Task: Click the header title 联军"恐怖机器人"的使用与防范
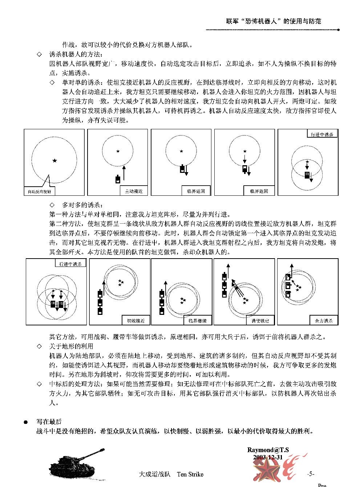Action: point(274,21)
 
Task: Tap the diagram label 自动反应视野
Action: point(39,191)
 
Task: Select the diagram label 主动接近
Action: point(134,191)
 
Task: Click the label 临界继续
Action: point(198,321)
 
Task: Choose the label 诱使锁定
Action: point(260,321)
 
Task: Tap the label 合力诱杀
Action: point(324,321)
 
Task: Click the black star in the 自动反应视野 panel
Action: point(54,161)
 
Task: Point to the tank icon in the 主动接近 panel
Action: point(117,179)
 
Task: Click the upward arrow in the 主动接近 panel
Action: point(124,173)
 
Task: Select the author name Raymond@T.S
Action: point(268,450)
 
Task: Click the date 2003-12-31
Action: point(268,457)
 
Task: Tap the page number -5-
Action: point(310,474)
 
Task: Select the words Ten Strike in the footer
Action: point(190,474)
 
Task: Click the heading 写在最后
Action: point(49,422)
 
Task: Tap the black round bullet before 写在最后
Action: point(26,422)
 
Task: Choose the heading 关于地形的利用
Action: point(71,346)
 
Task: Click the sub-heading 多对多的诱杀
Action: point(82,205)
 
